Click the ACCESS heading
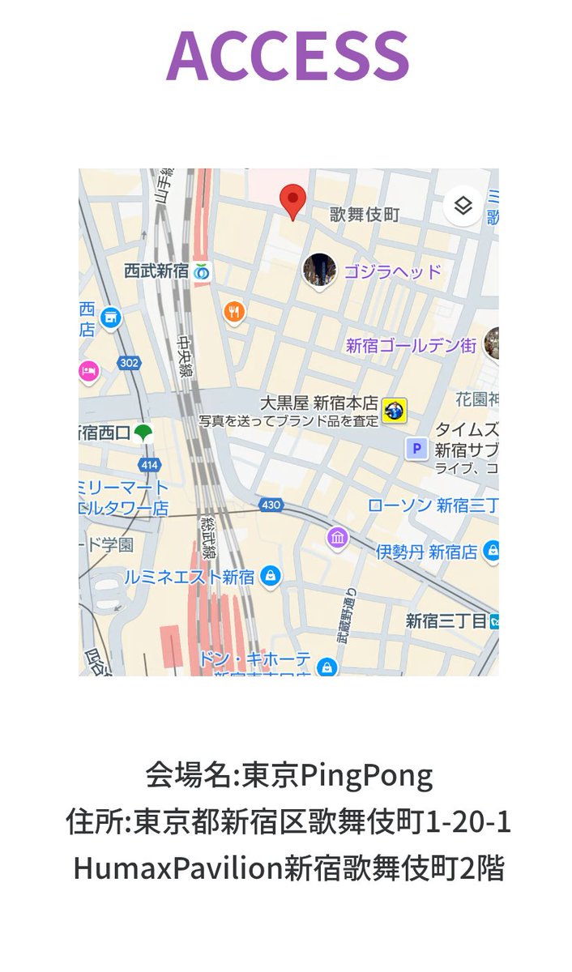point(288,55)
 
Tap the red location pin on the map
point(292,200)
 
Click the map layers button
point(463,206)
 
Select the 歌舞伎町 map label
point(365,215)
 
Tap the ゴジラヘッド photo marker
point(319,270)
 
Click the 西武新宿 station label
point(156,271)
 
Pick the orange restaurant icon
point(235,310)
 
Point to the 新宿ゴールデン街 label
point(411,346)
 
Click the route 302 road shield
point(128,363)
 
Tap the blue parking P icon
point(416,448)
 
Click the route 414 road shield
point(149,465)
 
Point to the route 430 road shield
point(271,505)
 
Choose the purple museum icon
point(337,537)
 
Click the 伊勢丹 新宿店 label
point(426,552)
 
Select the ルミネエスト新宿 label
point(190,577)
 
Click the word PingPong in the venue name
point(367,776)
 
